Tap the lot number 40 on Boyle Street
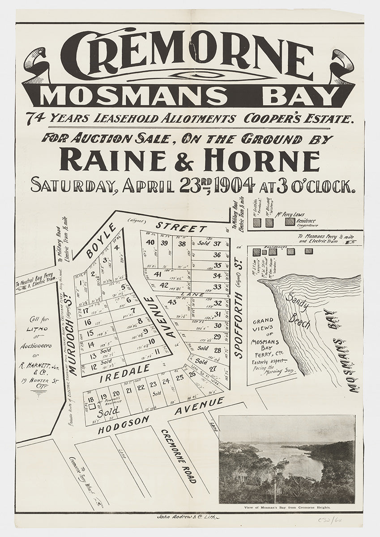pyautogui.click(x=151, y=243)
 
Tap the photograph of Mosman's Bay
pyautogui.click(x=287, y=459)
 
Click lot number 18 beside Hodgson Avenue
pyautogui.click(x=91, y=400)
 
